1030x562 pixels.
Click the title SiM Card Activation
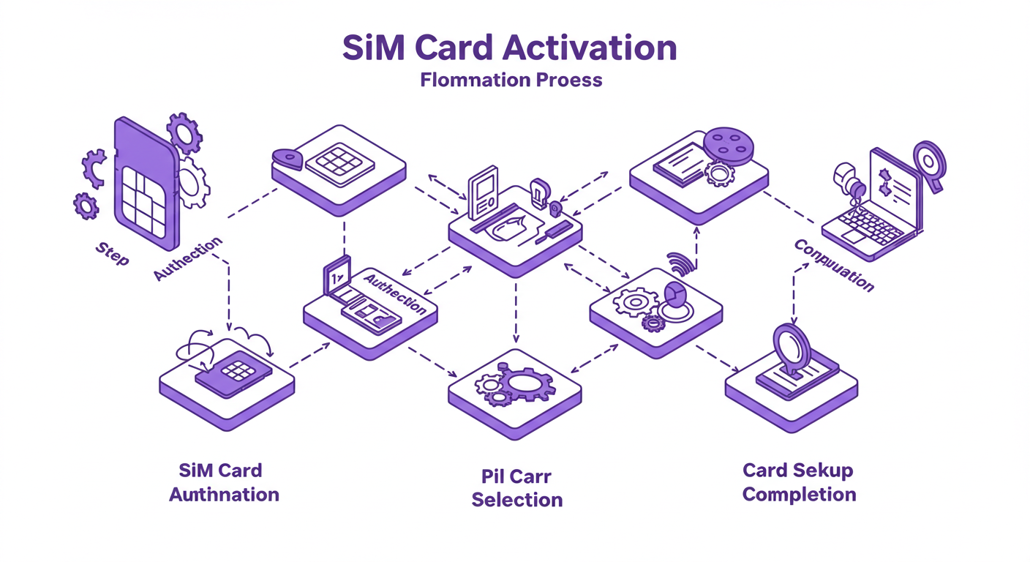510,48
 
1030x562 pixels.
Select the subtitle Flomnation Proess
511,79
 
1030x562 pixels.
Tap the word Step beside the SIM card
112,254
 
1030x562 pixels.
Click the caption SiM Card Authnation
224,482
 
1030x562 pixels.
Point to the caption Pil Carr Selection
516,488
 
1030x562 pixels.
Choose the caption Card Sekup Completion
798,482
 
